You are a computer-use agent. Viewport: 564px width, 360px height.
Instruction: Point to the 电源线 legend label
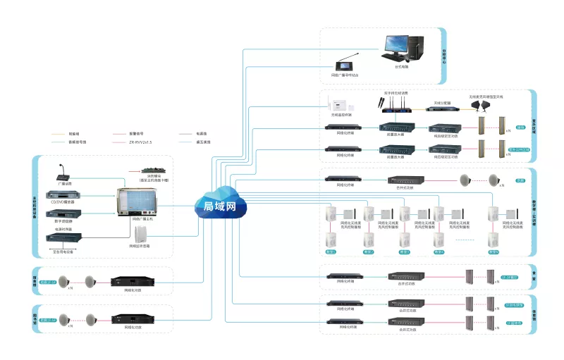200,132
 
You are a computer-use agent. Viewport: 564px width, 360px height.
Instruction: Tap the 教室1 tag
329,252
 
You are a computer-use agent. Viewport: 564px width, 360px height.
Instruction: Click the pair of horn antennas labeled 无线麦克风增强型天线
486,105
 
